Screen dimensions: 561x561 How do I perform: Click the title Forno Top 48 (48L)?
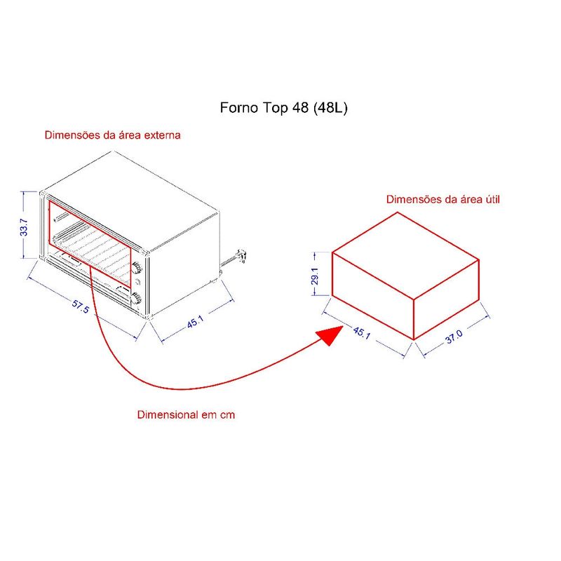click(284, 108)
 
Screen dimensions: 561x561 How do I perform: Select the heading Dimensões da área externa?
click(113, 135)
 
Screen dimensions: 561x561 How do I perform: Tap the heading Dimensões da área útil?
click(443, 199)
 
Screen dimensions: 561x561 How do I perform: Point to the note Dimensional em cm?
click(186, 414)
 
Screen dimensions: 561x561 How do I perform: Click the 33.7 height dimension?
click(24, 227)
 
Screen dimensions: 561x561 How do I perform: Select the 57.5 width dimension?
click(80, 306)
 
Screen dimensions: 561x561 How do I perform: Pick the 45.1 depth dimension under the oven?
click(196, 322)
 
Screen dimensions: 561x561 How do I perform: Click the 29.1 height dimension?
click(314, 276)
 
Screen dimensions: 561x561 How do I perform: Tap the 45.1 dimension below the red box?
click(362, 332)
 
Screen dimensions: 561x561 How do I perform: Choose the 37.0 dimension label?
click(454, 337)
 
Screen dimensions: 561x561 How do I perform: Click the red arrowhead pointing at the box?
click(330, 335)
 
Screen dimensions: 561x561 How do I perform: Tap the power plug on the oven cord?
click(242, 255)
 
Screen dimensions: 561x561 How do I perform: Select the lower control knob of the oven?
click(136, 297)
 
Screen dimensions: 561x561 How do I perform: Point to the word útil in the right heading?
click(493, 199)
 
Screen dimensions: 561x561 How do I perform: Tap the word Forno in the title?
click(238, 108)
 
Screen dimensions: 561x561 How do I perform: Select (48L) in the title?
click(330, 108)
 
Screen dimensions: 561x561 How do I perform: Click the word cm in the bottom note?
click(227, 415)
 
